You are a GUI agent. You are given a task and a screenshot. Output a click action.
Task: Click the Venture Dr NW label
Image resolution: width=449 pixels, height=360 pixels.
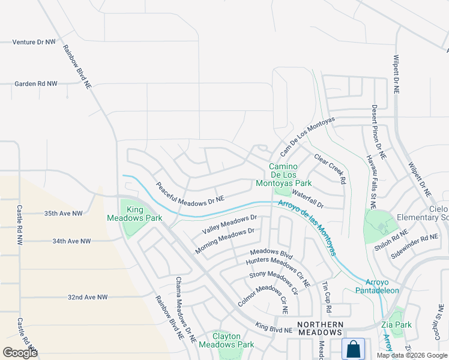(34, 43)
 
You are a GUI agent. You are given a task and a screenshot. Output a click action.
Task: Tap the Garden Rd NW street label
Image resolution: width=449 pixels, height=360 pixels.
(35, 84)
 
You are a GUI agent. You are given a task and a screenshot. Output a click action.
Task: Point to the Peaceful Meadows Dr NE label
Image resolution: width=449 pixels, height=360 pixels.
(190, 192)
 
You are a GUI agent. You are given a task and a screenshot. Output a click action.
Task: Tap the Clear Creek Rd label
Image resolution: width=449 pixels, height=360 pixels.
(330, 168)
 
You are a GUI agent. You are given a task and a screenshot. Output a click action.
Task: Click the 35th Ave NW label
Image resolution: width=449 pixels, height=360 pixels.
(68, 213)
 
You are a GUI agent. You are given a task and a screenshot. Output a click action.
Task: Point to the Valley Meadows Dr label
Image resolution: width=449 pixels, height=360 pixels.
(229, 225)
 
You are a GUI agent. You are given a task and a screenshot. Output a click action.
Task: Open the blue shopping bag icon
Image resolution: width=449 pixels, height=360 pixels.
(354, 348)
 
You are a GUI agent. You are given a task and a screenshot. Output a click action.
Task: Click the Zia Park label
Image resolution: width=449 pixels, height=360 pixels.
(396, 325)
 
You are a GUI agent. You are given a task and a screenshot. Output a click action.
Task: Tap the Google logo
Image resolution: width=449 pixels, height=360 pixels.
(20, 353)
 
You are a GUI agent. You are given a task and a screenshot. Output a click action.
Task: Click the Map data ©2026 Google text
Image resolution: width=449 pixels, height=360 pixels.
(411, 355)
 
